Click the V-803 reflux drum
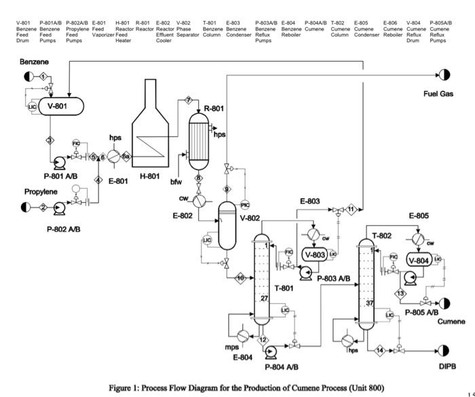point(315,254)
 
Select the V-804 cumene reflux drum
point(418,259)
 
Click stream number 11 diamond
point(351,210)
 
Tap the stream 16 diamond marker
point(240,278)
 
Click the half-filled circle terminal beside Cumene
point(444,303)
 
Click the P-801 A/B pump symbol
point(59,161)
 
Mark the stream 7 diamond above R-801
point(188,101)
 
